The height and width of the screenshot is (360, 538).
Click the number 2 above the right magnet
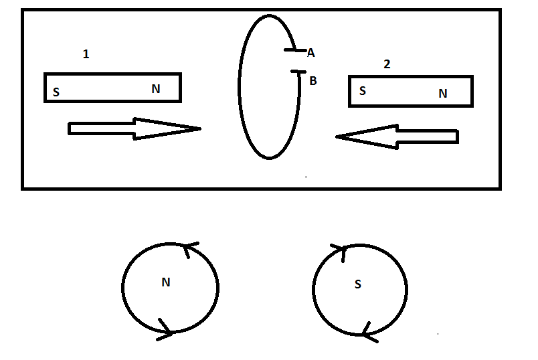tap(387, 64)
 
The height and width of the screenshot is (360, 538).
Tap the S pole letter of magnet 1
tap(56, 92)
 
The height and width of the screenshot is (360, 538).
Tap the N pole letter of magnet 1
tap(156, 88)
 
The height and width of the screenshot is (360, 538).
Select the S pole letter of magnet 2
tap(363, 91)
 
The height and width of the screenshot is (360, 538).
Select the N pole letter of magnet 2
tap(442, 94)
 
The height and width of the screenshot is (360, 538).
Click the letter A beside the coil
tap(311, 53)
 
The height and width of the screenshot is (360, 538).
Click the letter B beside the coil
tap(313, 81)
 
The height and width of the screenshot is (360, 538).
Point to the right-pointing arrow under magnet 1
tap(134, 128)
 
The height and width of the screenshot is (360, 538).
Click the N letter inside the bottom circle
tap(166, 282)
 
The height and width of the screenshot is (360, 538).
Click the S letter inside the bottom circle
tap(358, 284)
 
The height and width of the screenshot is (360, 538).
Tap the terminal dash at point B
tap(298, 72)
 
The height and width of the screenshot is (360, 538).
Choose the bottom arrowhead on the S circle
tap(365, 329)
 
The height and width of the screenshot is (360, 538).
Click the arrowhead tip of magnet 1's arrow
tap(199, 128)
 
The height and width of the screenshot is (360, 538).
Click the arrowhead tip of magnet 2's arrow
tap(337, 137)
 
